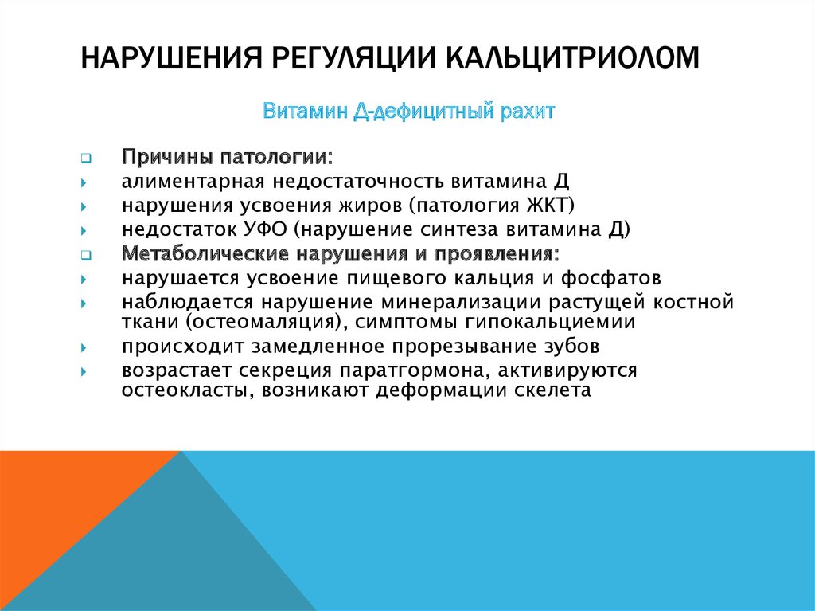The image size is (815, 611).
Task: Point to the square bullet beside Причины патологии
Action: pos(86,158)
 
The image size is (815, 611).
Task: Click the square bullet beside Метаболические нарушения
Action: pos(86,255)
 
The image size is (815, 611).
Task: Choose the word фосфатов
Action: pos(610,278)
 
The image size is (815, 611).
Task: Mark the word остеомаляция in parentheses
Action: pos(267,322)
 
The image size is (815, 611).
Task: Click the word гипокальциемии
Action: pos(551,322)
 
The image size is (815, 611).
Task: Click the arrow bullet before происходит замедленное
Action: pos(84,347)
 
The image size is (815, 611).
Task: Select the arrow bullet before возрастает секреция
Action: pos(84,371)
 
